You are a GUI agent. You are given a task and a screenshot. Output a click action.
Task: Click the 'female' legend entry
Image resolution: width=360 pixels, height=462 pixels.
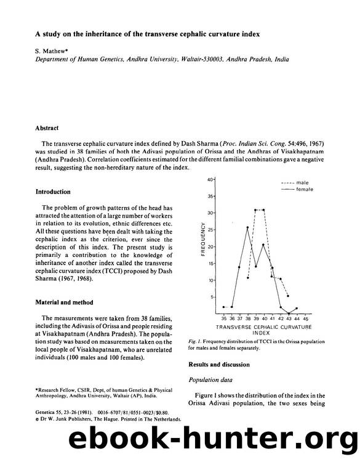pyautogui.click(x=305, y=189)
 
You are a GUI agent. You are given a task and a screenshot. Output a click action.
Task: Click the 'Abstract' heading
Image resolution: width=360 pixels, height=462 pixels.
pyautogui.click(x=47, y=129)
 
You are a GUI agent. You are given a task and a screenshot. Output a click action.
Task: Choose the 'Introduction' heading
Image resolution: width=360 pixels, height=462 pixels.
pyautogui.click(x=53, y=192)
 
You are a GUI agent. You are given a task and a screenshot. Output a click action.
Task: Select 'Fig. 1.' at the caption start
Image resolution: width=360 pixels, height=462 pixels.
pyautogui.click(x=196, y=341)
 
